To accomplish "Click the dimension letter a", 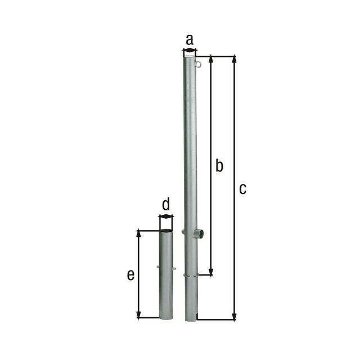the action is click(190, 40).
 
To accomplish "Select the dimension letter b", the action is click(219, 165).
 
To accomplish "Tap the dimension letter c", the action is click(242, 189).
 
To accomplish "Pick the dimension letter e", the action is click(130, 275).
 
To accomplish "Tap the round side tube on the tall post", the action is click(199, 234).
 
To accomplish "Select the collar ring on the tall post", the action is click(191, 275).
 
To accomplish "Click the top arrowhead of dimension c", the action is click(234, 59).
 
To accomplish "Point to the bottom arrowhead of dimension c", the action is click(234, 316).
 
